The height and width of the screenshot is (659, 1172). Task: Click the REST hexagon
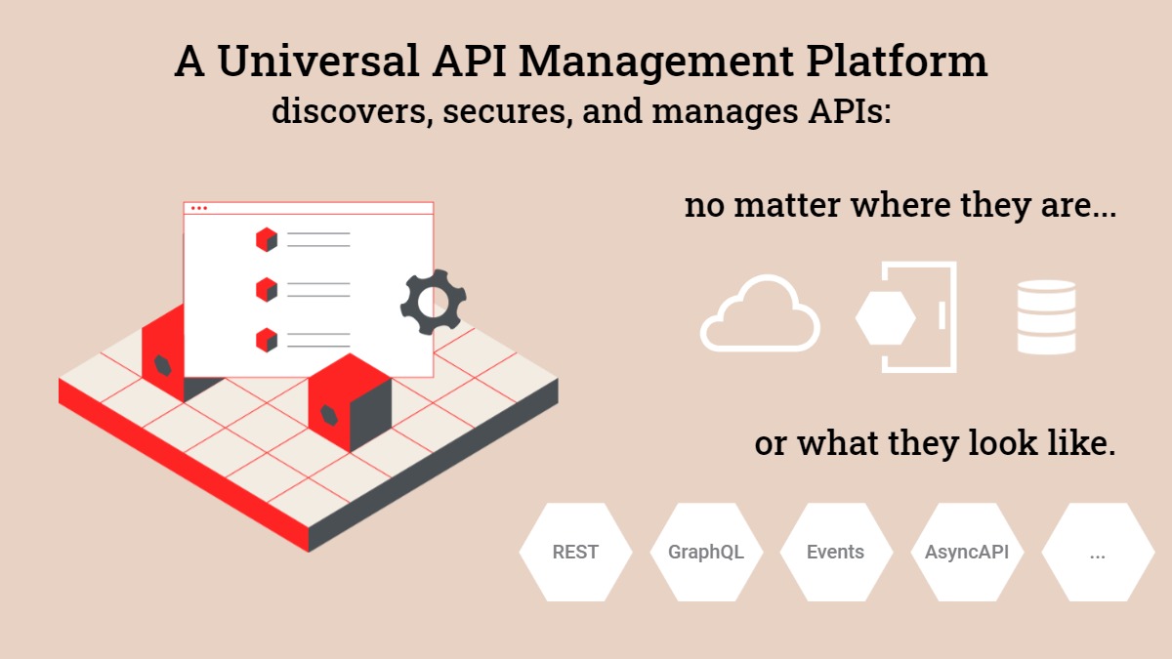(x=575, y=552)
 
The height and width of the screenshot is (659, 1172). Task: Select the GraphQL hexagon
(x=706, y=552)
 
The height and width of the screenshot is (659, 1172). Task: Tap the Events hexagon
(x=836, y=552)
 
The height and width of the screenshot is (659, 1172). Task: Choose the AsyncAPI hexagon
(x=967, y=552)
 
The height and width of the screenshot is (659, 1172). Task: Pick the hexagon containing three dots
(x=1098, y=552)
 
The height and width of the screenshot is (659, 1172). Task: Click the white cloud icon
(x=760, y=314)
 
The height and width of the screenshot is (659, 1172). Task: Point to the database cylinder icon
(x=1046, y=317)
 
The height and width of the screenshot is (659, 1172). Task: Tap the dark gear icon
(x=433, y=303)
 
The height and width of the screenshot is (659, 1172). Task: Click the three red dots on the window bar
(x=199, y=208)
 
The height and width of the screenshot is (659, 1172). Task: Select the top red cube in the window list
(x=266, y=239)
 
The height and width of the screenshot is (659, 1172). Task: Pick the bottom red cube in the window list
(x=266, y=340)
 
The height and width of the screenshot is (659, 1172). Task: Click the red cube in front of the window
(x=350, y=403)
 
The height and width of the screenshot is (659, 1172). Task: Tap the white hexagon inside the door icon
(x=885, y=316)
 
